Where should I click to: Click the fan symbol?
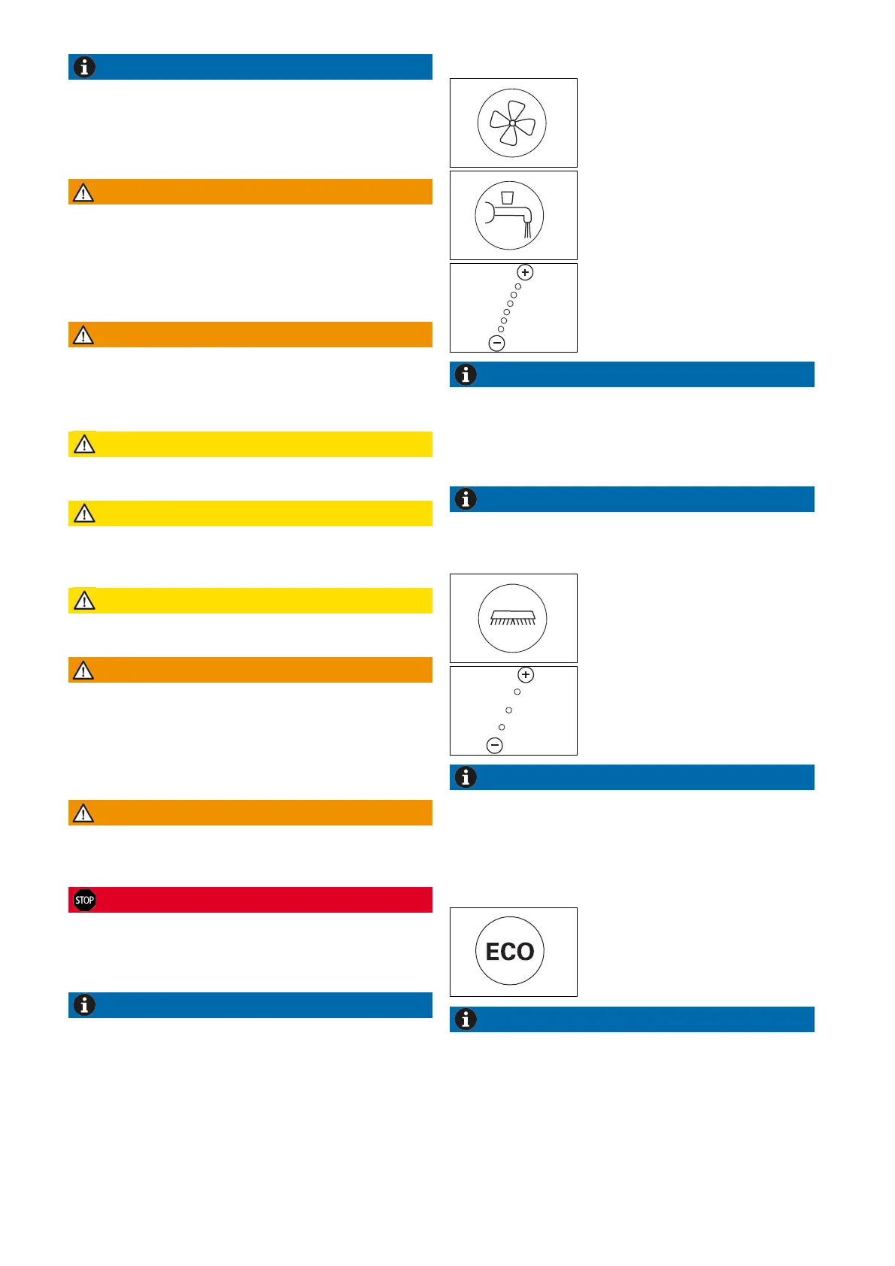[x=512, y=123]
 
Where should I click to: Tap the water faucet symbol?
[x=510, y=216]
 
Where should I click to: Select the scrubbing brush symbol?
[x=513, y=618]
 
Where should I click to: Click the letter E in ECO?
[x=493, y=953]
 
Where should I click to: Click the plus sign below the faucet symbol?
[x=525, y=272]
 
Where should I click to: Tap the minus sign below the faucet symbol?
[x=496, y=344]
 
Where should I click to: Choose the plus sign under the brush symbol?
[x=526, y=675]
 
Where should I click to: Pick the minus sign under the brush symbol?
[x=495, y=746]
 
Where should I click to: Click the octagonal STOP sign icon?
[x=84, y=900]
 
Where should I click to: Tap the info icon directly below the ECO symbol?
[x=466, y=1019]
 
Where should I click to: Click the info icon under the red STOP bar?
[x=84, y=1005]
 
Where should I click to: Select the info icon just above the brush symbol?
[x=466, y=499]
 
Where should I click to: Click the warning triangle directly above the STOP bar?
[x=83, y=813]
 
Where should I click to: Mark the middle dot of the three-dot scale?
[x=509, y=710]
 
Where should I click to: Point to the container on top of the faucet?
[x=508, y=198]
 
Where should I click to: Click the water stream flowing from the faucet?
[x=527, y=229]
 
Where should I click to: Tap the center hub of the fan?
[x=512, y=123]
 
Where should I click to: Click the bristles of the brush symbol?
[x=513, y=622]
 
